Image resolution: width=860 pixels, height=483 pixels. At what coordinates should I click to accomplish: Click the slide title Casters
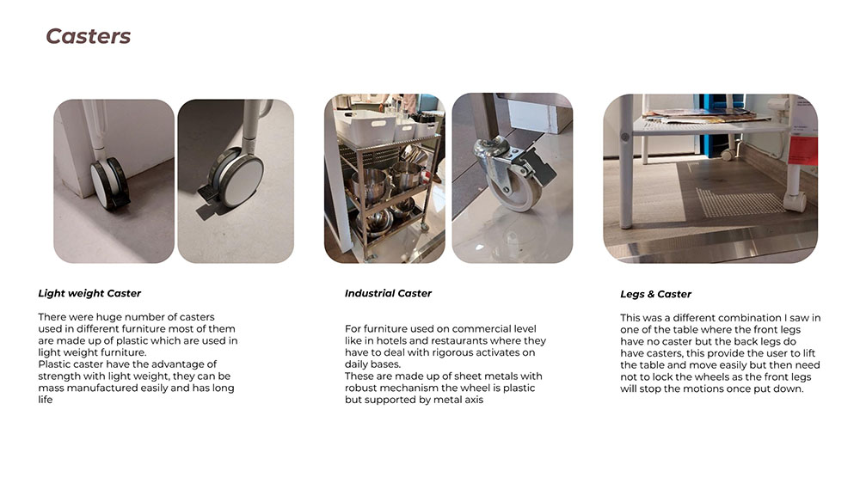89,36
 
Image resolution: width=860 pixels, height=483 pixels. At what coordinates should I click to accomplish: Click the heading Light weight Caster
89,293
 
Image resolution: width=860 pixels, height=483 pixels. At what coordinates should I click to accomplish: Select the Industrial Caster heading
388,293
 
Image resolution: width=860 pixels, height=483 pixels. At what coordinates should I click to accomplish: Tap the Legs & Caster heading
655,294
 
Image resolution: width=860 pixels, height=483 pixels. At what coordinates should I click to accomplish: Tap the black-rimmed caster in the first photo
110,184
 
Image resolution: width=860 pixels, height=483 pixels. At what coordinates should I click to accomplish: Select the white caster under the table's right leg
795,202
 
